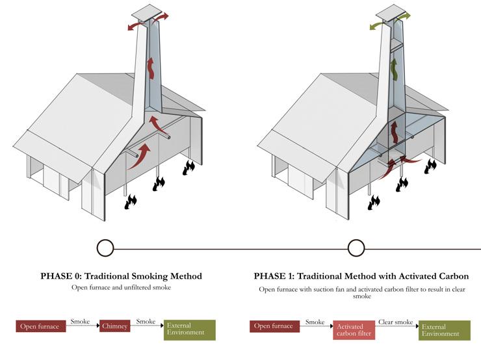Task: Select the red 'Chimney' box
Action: (114, 326)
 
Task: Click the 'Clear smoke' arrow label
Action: (396, 322)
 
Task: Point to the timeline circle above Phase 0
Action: (105, 248)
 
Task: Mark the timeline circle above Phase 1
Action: (356, 248)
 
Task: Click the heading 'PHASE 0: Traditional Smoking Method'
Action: (121, 276)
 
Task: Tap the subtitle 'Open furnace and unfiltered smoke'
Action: (121, 287)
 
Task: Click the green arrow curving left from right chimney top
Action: (377, 25)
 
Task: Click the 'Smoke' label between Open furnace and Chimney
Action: (81, 322)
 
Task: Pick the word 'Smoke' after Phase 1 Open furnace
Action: (315, 322)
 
